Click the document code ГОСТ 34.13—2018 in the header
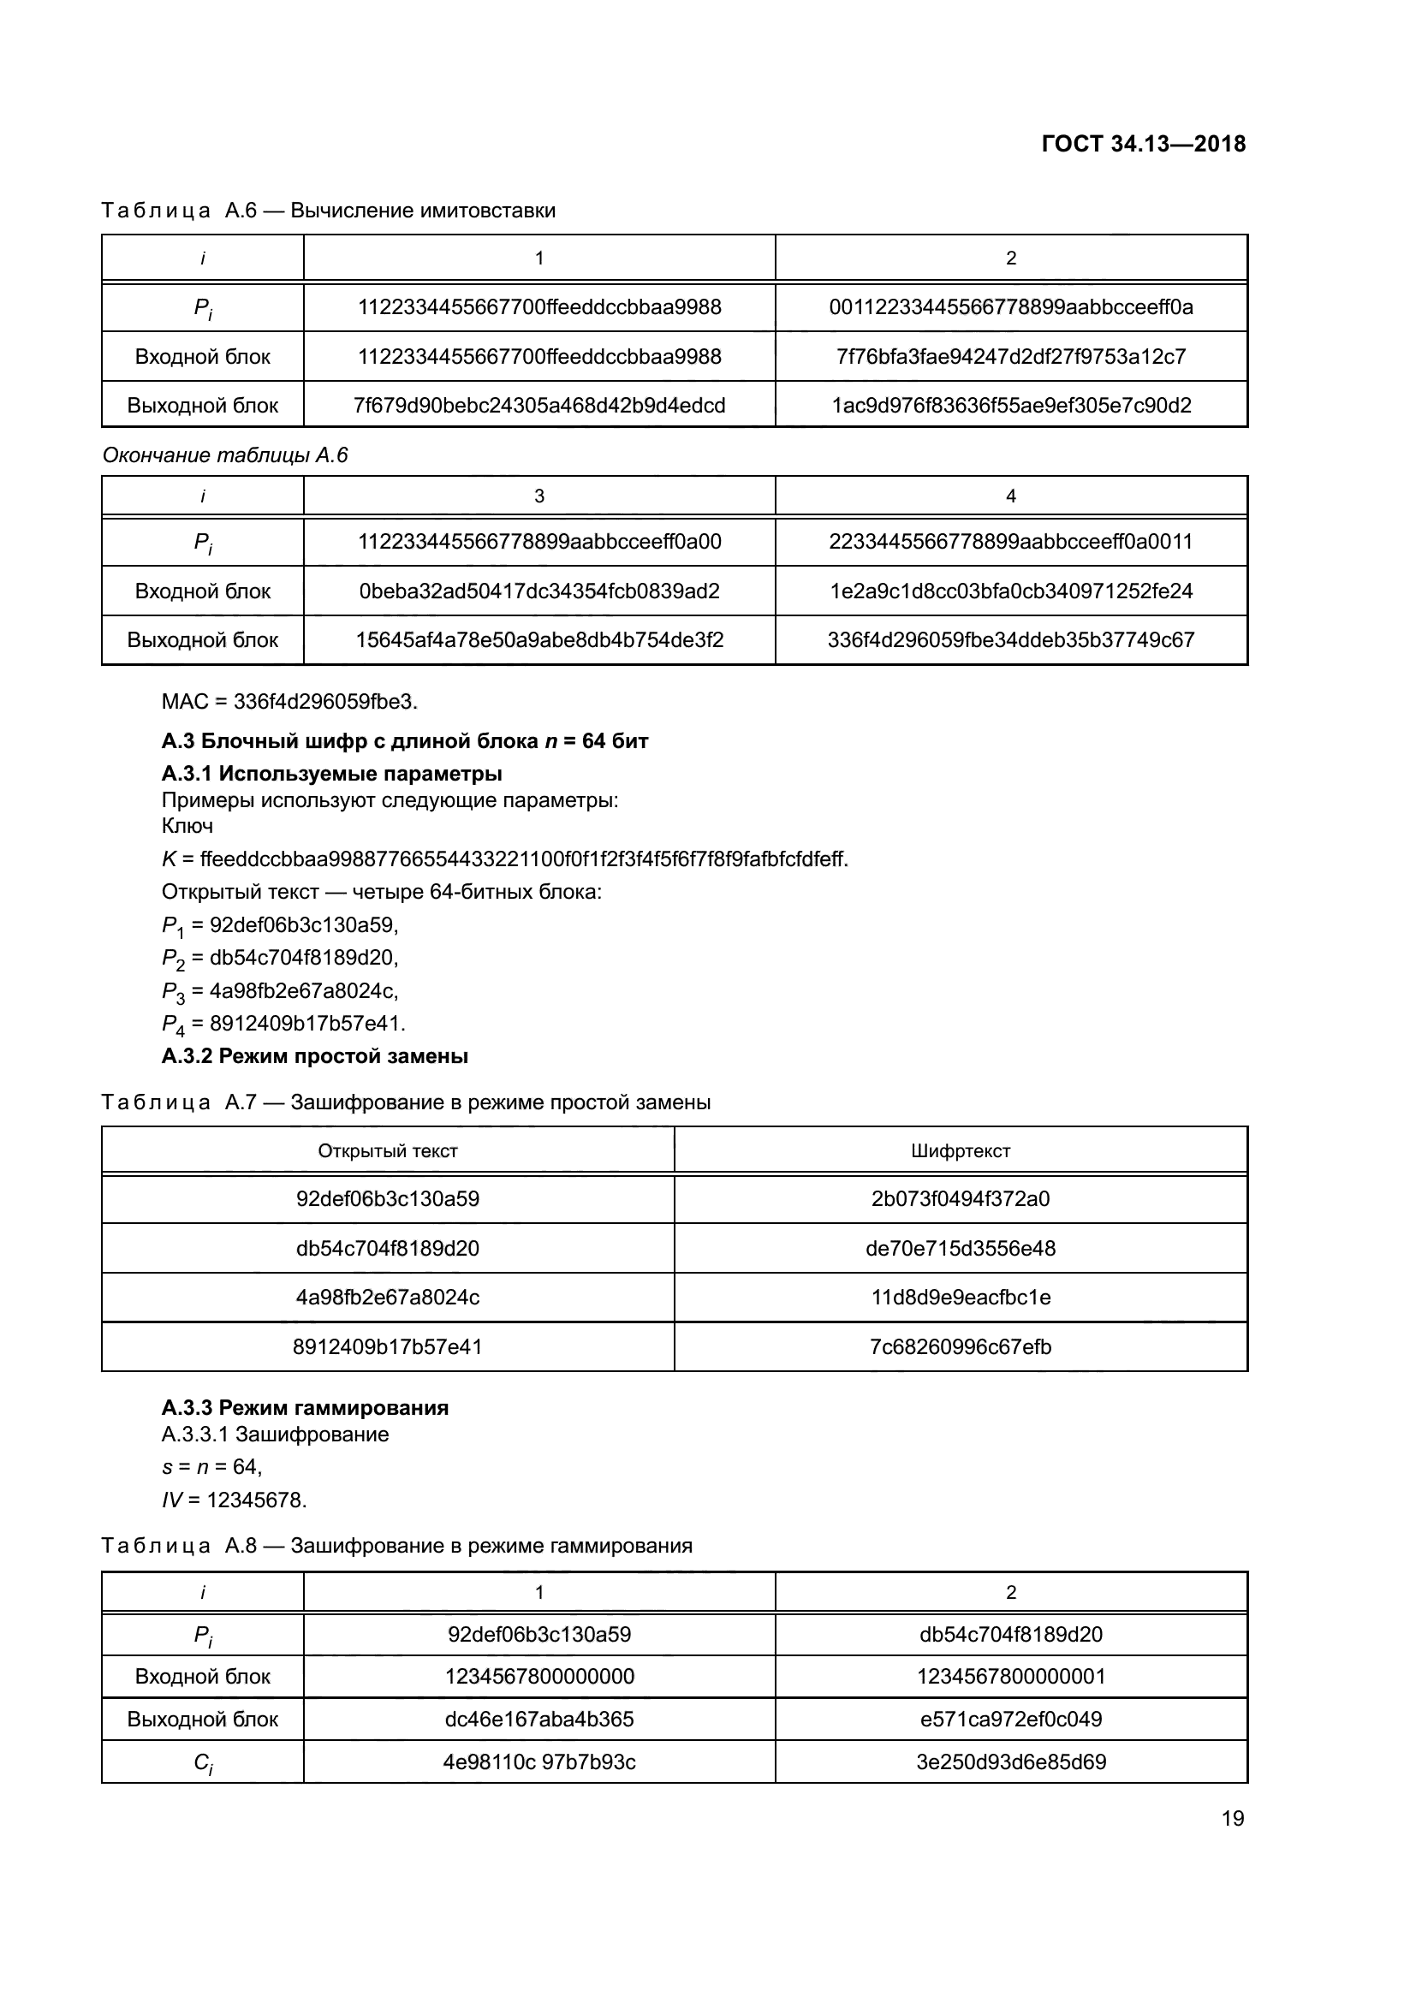point(1143,144)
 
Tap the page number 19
point(1232,1818)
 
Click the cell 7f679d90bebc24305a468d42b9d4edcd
point(538,406)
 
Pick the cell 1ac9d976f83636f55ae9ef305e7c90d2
point(1010,406)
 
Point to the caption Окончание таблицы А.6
point(225,455)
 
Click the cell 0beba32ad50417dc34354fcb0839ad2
point(538,591)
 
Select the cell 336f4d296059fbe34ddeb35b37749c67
point(1010,640)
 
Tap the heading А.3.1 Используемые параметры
point(331,774)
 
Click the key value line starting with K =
point(505,858)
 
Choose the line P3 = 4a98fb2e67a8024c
point(280,990)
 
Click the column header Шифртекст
point(960,1150)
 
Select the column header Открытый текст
point(387,1150)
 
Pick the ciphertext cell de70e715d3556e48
point(960,1248)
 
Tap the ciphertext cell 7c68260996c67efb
point(960,1346)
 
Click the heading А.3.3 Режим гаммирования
point(305,1407)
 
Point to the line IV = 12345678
point(234,1500)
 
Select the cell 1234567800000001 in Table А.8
point(1010,1676)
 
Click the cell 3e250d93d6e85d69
point(1010,1761)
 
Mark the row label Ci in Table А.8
point(202,1762)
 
